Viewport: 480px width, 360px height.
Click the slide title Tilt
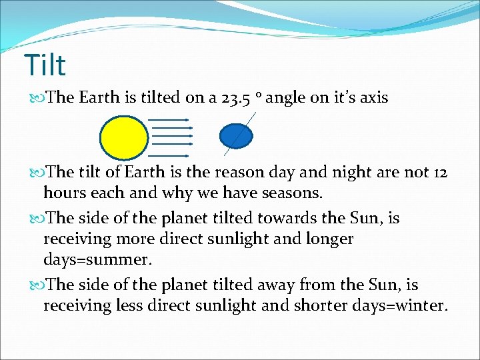coord(45,65)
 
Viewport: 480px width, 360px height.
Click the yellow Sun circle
coord(124,137)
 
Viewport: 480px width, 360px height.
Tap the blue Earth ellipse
coord(236,135)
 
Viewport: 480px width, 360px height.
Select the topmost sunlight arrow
coord(169,120)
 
